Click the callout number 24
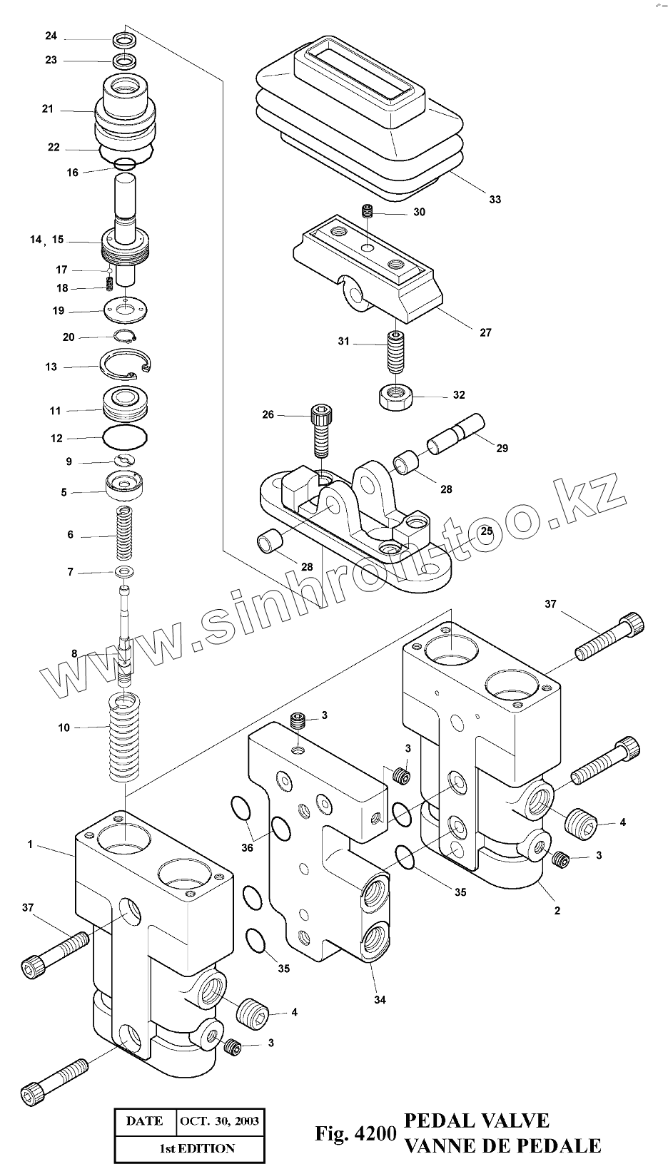click(x=51, y=36)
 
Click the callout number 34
click(x=380, y=1000)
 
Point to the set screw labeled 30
click(x=368, y=211)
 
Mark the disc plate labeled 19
click(x=126, y=310)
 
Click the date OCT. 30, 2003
click(x=220, y=1120)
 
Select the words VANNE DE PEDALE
click(x=502, y=1145)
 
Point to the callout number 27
click(x=485, y=332)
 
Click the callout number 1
click(x=31, y=844)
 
